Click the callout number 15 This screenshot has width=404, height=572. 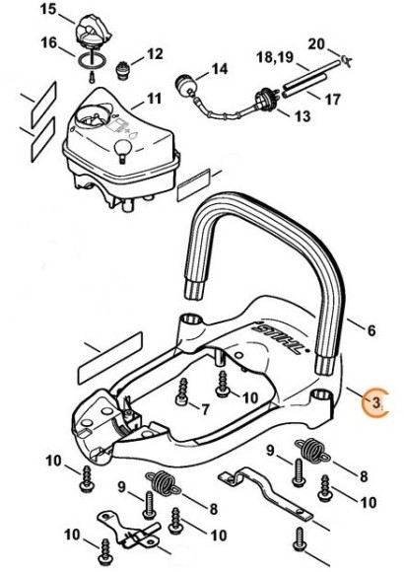coord(48,10)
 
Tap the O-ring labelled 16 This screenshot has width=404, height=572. coord(92,58)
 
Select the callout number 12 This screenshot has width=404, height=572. coord(155,54)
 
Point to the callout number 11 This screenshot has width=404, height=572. coord(153,99)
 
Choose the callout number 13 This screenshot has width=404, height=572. coord(303,116)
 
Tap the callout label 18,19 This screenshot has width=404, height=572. coord(275,57)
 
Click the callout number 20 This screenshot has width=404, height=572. coord(316,44)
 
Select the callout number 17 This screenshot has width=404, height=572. coord(332,99)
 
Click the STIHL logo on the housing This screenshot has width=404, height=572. coord(280,336)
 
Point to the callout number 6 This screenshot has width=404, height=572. coord(371,330)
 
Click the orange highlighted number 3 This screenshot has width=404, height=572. coord(375,402)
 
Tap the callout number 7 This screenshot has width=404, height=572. coord(205,409)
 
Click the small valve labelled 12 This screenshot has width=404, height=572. coord(122,69)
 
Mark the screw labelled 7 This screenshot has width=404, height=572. coord(181,393)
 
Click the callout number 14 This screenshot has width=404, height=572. coord(220,69)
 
